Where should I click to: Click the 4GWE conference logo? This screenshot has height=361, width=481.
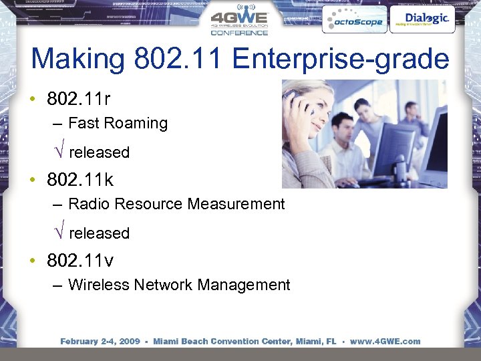point(240,21)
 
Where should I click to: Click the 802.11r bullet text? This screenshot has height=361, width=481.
point(78,99)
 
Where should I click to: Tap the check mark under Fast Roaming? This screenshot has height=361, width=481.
point(59,152)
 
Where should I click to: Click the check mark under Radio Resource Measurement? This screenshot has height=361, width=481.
point(59,233)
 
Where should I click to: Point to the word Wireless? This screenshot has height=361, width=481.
point(98,285)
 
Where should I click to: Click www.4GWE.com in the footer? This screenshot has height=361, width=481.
point(385,341)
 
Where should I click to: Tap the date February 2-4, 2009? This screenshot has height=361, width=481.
point(100,341)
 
